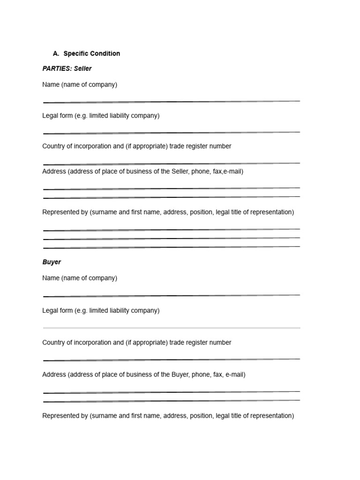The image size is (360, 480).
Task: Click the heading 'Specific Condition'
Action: pyautogui.click(x=91, y=53)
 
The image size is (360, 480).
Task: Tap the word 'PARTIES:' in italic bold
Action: pyautogui.click(x=57, y=68)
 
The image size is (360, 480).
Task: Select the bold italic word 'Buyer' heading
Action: pyautogui.click(x=52, y=262)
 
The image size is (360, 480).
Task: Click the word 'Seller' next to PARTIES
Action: pyautogui.click(x=83, y=68)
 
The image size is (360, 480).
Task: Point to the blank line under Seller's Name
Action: pyautogui.click(x=171, y=102)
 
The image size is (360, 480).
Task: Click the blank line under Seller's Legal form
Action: pyautogui.click(x=171, y=133)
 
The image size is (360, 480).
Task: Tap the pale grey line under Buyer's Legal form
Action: pyautogui.click(x=171, y=328)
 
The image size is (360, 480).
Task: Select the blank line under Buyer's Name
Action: pyautogui.click(x=171, y=296)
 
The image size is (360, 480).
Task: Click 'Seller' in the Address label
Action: pyautogui.click(x=179, y=172)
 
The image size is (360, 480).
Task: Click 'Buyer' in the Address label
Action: pyautogui.click(x=179, y=375)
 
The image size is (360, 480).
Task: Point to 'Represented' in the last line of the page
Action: pyautogui.click(x=60, y=416)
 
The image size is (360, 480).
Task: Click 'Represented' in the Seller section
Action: pyautogui.click(x=60, y=212)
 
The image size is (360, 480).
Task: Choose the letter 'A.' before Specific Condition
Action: pyautogui.click(x=56, y=53)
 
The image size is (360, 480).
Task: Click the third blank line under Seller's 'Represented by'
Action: pyautogui.click(x=171, y=247)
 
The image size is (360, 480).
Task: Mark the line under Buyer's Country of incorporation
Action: pyautogui.click(x=171, y=360)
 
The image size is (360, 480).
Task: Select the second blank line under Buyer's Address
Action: pyautogui.click(x=171, y=401)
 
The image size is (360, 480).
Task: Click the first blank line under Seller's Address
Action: pyautogui.click(x=171, y=188)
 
